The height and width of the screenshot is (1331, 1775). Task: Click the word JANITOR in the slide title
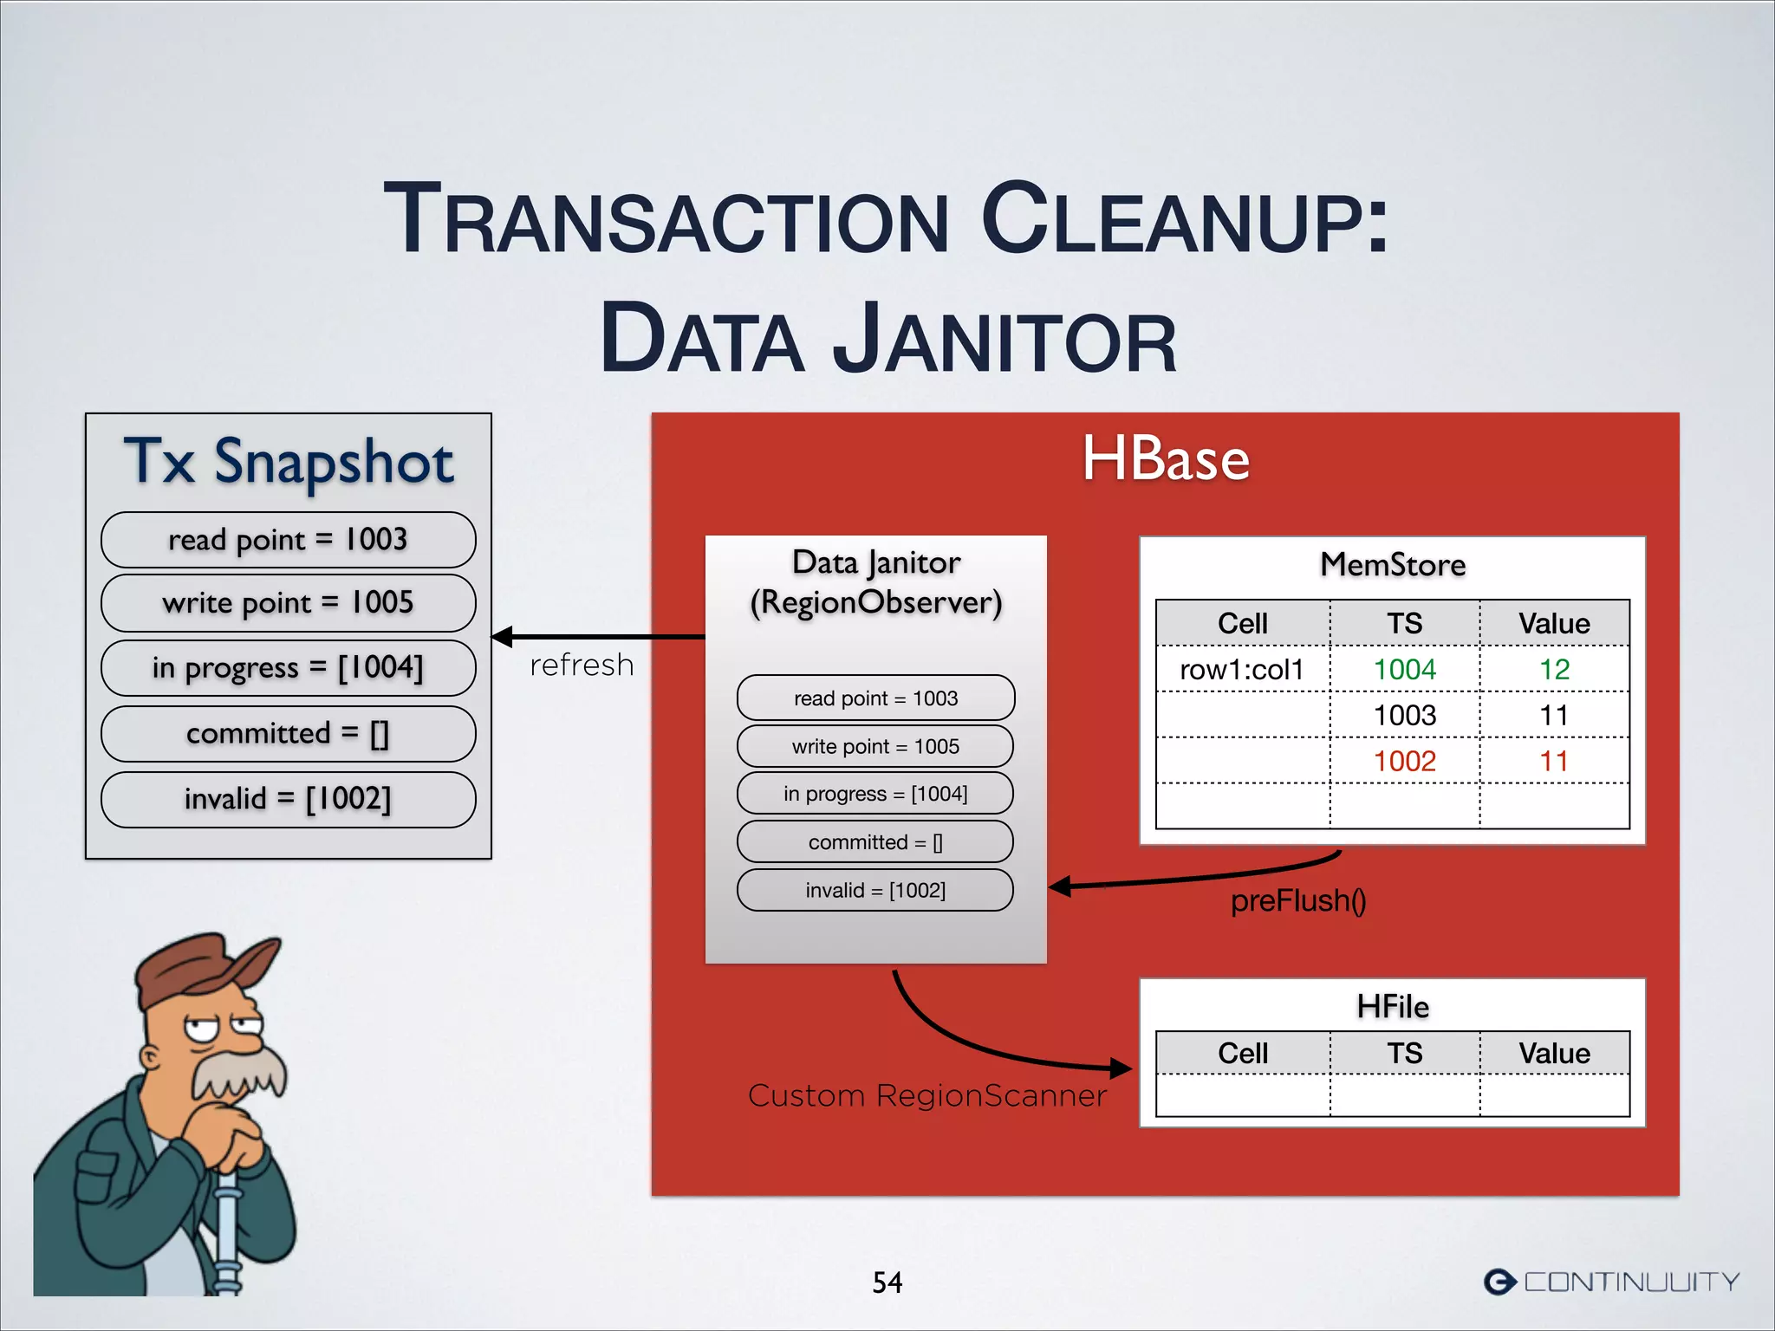[x=1005, y=340]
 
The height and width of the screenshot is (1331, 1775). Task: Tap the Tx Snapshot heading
[x=289, y=461]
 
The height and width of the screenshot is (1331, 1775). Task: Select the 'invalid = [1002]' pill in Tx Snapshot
[x=288, y=799]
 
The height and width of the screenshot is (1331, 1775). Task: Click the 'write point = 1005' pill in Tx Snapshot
[x=288, y=603]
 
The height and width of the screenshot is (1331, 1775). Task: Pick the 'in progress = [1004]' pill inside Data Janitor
[x=875, y=794]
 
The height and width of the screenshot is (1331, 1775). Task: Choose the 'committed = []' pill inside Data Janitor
[x=875, y=842]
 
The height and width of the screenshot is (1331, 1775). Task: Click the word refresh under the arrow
[x=582, y=665]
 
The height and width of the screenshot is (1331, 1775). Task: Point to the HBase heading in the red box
[x=1166, y=459]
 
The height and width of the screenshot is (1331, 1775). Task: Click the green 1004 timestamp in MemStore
[x=1404, y=670]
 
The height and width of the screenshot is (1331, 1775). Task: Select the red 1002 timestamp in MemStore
[x=1404, y=762]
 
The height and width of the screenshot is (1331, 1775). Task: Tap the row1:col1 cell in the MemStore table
[x=1242, y=670]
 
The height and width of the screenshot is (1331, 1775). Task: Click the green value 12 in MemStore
[x=1554, y=670]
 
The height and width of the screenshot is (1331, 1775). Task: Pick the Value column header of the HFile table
[x=1554, y=1054]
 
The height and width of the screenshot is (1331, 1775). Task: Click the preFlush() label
[x=1297, y=901]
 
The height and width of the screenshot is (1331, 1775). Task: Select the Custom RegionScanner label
[x=927, y=1096]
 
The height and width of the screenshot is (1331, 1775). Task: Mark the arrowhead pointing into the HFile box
[x=1122, y=1068]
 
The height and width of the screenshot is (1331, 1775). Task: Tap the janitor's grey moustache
[x=238, y=1075]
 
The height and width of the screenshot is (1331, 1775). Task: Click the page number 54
[x=887, y=1282]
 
